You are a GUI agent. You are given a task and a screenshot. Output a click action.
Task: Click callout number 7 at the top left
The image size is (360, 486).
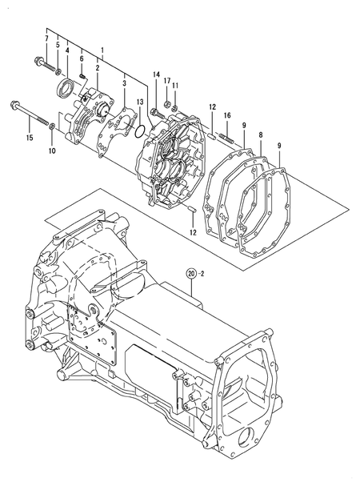[46, 38]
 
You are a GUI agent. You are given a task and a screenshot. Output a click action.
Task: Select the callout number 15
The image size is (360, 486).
[30, 138]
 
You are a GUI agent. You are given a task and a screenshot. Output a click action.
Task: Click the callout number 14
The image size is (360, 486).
[157, 74]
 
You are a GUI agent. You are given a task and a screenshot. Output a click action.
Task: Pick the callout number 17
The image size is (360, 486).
[167, 81]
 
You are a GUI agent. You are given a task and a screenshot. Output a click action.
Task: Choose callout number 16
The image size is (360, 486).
[227, 115]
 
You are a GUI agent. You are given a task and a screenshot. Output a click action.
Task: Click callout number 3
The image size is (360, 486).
[125, 82]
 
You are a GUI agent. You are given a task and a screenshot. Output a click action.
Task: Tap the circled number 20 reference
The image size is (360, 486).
[191, 274]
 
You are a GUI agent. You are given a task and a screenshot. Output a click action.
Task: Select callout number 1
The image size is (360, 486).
[102, 50]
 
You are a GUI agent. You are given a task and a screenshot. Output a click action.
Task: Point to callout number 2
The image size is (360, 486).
[98, 69]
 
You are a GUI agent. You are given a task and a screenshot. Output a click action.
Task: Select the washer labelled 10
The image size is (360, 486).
[52, 127]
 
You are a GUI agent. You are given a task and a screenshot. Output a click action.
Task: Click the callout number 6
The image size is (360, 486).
[82, 58]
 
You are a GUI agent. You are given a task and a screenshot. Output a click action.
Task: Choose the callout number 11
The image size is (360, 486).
[176, 86]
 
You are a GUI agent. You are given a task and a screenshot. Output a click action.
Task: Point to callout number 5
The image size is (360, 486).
[57, 46]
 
